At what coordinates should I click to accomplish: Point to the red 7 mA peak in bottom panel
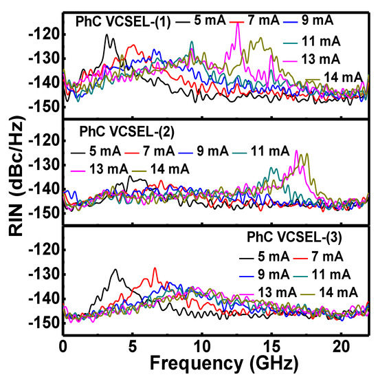155,268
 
